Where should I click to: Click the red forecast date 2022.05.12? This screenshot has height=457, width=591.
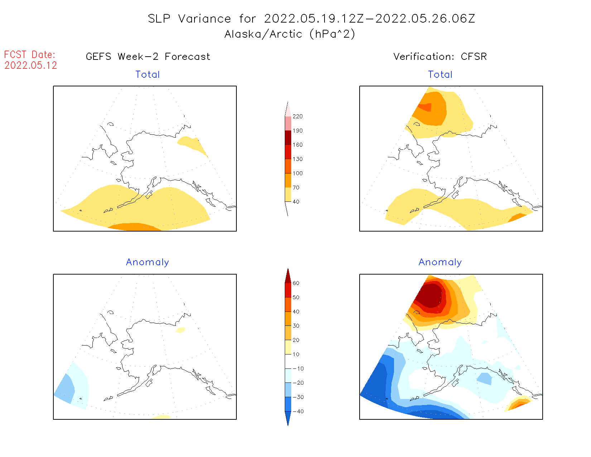(x=31, y=65)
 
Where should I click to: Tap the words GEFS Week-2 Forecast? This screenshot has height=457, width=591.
(x=148, y=57)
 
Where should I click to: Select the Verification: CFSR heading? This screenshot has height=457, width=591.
(x=440, y=57)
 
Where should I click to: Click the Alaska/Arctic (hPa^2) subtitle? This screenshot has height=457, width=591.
(x=290, y=34)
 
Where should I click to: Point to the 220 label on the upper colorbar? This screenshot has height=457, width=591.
(x=297, y=116)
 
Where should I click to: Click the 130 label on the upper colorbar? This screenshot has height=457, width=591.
(x=297, y=159)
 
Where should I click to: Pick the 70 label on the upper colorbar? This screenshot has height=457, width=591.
(x=296, y=187)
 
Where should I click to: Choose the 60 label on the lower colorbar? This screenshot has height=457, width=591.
(x=296, y=283)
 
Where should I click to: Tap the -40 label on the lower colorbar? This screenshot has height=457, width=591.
(x=298, y=411)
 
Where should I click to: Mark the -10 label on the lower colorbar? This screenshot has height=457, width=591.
(x=298, y=368)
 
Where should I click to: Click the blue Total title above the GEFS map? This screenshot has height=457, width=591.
(x=148, y=75)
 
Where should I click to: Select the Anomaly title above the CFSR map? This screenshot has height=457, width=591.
(x=440, y=262)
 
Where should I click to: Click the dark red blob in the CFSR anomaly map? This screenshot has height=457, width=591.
(x=430, y=295)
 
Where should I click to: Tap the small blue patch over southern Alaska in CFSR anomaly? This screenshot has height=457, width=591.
(x=485, y=379)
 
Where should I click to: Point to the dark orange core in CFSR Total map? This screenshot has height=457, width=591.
(x=426, y=107)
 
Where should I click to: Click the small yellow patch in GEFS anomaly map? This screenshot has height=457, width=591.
(x=180, y=330)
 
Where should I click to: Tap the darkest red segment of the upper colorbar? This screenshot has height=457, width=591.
(x=288, y=138)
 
